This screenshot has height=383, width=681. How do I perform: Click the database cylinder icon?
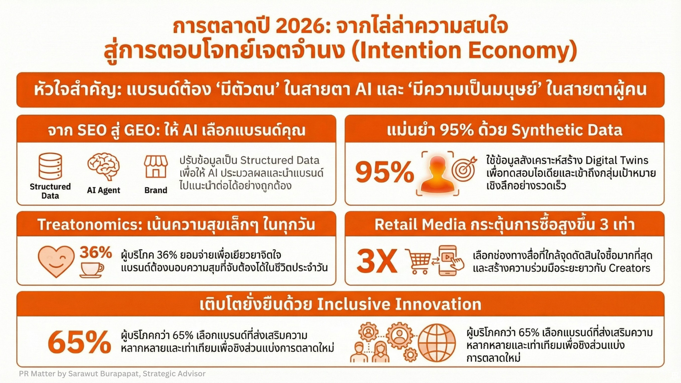pos(50,166)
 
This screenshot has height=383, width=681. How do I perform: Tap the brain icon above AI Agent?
pos(103,166)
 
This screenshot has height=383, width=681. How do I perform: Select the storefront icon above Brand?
pos(156,166)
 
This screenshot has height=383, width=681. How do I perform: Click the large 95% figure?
pos(385,172)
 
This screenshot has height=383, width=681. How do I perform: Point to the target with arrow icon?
pos(464,168)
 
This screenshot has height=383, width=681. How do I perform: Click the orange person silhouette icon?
pos(437,174)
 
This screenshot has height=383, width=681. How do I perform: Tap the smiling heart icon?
pos(56,261)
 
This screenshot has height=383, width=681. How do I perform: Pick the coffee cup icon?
pos(91,270)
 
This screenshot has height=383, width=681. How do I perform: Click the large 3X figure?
pos(377,261)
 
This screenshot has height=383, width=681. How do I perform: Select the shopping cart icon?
pos(418,261)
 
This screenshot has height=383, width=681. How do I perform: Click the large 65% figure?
pos(79,342)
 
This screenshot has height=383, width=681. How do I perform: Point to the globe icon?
pos(437,343)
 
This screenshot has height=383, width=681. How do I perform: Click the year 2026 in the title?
pos(301,26)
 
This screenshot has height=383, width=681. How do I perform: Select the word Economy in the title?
pos(522,50)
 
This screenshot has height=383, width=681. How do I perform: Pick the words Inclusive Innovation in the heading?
pos(399,304)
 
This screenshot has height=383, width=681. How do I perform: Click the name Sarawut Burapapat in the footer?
pos(104,373)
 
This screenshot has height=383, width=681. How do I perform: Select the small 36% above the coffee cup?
pos(96,252)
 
